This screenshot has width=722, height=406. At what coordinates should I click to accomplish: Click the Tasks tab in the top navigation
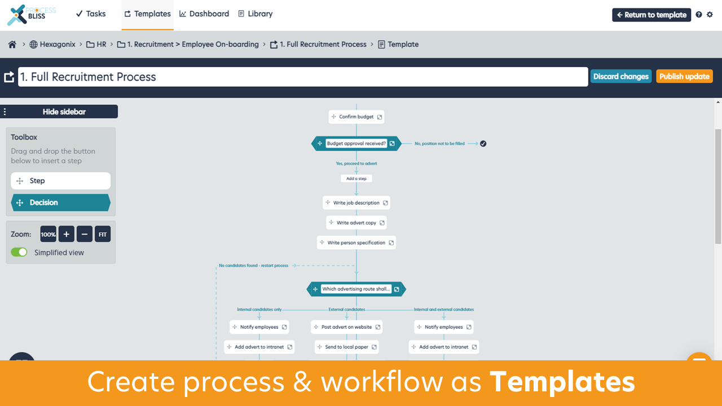click(90, 14)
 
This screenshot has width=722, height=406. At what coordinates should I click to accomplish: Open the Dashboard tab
click(204, 14)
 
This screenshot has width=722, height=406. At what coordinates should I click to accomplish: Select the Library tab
click(255, 14)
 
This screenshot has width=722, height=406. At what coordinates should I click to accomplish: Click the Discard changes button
click(620, 77)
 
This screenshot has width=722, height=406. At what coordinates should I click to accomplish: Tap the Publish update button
click(684, 77)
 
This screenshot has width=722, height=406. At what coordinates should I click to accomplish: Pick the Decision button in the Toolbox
click(60, 202)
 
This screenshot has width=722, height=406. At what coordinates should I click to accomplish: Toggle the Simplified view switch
click(19, 252)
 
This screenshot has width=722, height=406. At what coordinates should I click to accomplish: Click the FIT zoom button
click(103, 234)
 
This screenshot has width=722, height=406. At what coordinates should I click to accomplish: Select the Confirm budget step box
click(356, 117)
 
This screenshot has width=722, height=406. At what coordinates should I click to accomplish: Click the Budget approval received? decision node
click(356, 144)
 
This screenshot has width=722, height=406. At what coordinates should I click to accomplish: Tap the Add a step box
click(356, 178)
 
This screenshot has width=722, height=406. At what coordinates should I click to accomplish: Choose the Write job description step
click(356, 202)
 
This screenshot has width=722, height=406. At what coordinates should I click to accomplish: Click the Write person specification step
click(356, 242)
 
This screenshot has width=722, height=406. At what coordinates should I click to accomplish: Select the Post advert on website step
click(346, 327)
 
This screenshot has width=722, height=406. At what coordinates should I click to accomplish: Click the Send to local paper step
click(346, 347)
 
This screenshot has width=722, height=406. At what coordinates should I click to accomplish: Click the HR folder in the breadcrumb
click(96, 45)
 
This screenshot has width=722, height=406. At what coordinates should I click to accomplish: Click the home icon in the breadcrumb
click(12, 45)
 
